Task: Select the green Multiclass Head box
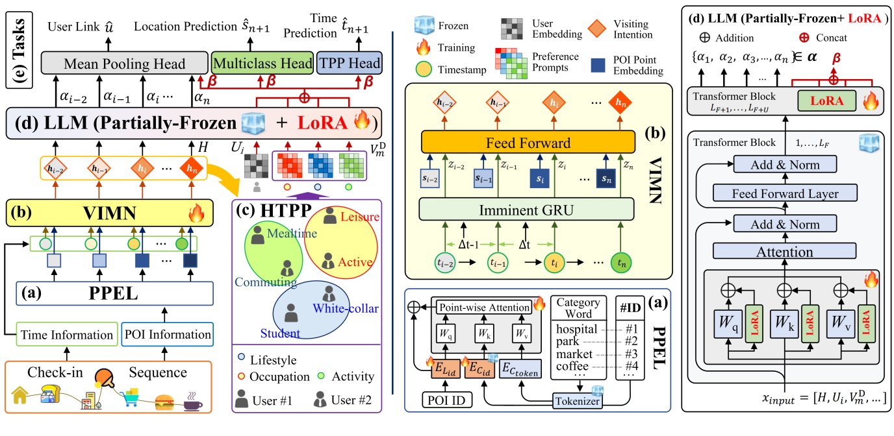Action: pos(262,64)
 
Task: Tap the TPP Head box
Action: pos(350,64)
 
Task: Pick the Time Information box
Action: pos(66,335)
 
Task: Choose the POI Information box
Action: pos(175,335)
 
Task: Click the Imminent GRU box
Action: pos(528,210)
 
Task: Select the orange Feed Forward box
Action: pos(527,141)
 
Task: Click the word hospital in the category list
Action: pos(577,330)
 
